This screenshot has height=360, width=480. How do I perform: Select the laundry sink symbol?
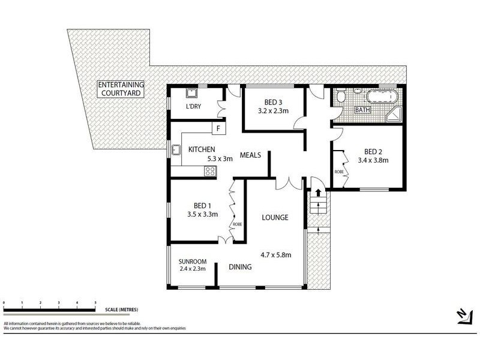tap(192, 94)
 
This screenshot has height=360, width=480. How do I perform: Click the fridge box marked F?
tap(218, 128)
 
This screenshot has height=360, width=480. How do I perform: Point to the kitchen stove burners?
tap(210, 171)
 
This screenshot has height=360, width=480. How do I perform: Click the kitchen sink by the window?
tap(176, 150)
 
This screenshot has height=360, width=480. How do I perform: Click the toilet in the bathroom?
tap(341, 97)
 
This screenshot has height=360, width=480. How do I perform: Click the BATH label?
tap(363, 110)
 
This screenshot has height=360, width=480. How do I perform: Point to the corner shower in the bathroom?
tap(395, 115)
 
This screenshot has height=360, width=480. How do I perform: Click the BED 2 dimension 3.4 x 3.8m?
tap(373, 160)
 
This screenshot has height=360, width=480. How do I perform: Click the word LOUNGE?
tap(275, 217)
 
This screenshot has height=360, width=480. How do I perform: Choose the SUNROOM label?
tap(193, 261)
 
